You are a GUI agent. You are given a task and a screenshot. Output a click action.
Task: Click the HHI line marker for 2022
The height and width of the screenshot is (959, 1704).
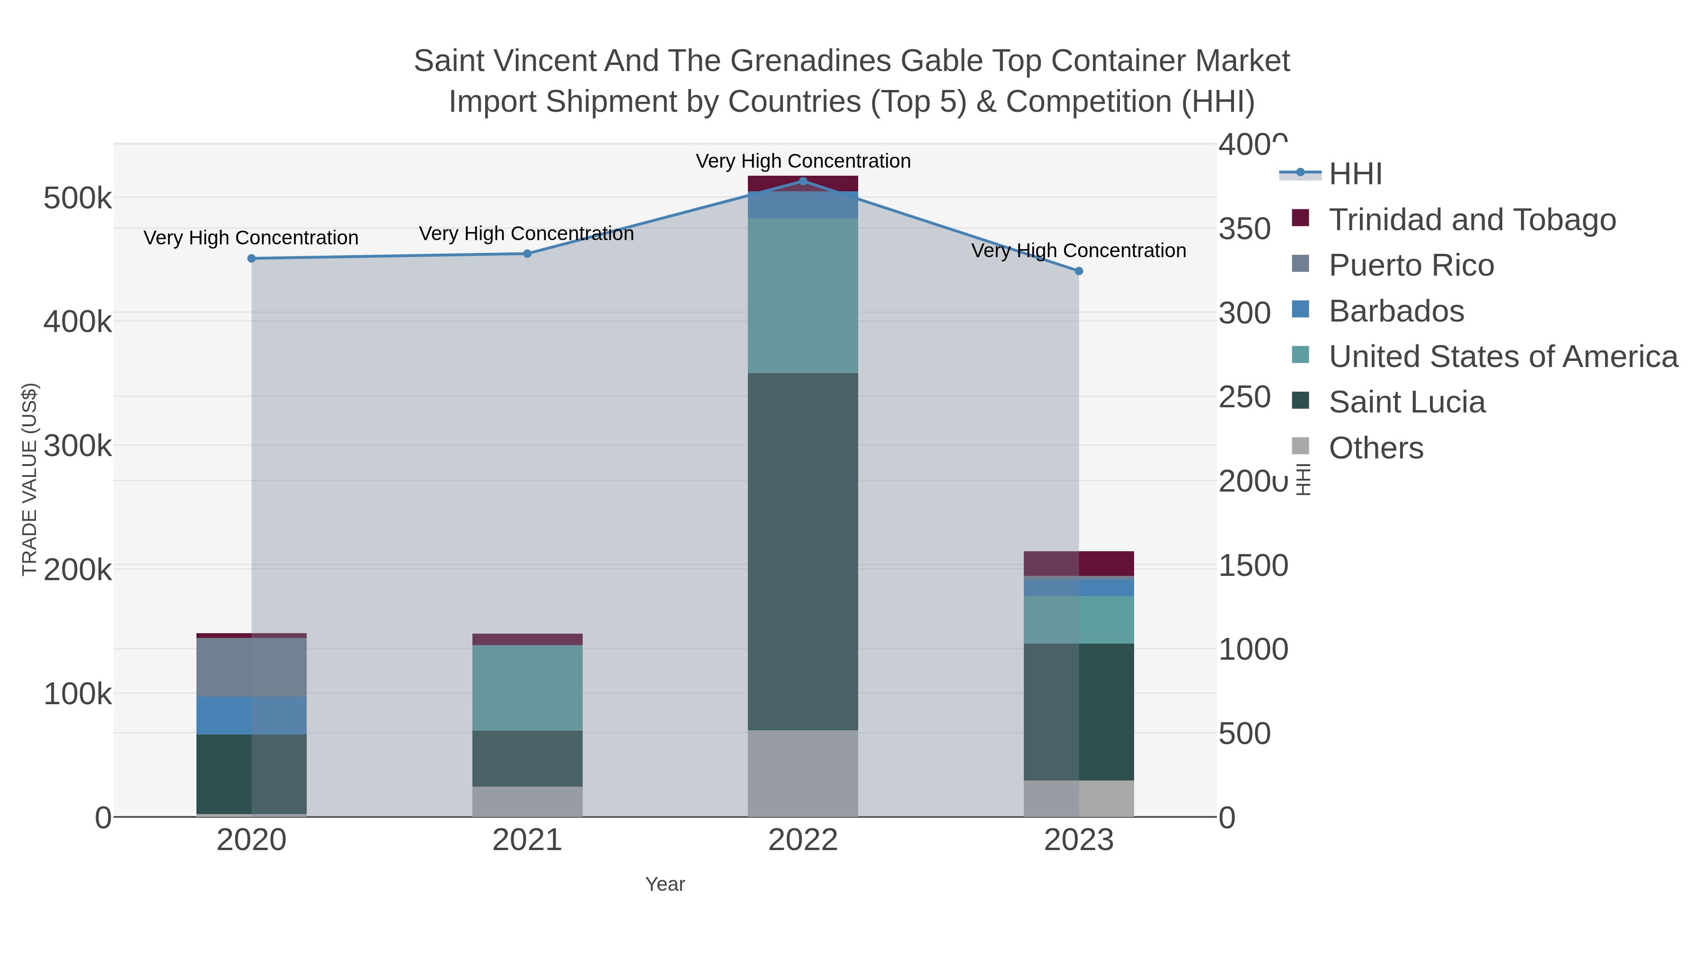[803, 181]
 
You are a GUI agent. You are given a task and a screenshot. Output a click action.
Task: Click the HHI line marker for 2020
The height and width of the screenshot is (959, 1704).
[251, 258]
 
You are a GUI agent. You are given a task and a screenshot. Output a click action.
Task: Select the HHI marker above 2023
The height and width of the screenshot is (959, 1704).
[1079, 271]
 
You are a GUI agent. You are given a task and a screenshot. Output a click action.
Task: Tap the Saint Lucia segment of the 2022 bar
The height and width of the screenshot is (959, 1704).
[803, 551]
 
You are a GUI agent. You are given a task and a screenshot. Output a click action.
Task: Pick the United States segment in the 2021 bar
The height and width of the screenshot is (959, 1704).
[527, 687]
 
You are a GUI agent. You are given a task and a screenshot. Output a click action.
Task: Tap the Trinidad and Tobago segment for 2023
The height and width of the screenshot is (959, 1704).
[1079, 563]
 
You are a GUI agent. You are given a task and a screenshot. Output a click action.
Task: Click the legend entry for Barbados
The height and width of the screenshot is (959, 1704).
[1396, 311]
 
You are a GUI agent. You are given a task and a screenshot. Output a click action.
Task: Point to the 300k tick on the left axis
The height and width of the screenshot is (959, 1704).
[78, 446]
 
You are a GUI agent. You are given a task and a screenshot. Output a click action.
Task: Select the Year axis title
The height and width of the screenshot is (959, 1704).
[665, 884]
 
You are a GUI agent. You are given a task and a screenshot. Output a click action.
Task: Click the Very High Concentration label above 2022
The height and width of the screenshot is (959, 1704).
[803, 161]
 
